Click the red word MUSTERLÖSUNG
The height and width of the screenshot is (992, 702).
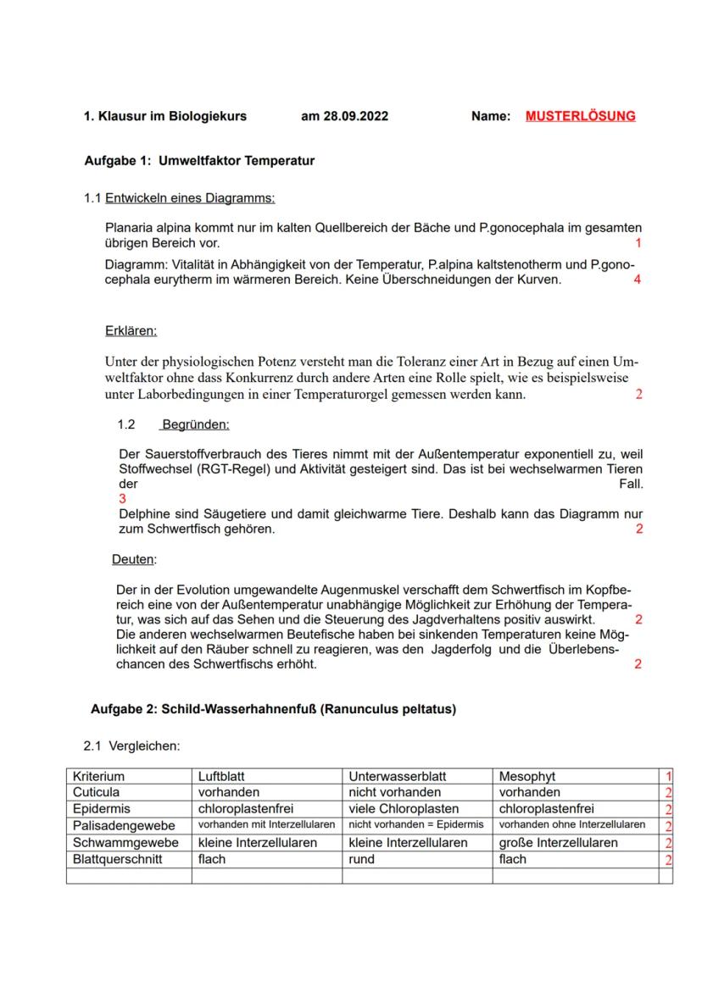tap(580, 116)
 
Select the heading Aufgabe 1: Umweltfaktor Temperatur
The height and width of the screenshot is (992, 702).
tap(199, 160)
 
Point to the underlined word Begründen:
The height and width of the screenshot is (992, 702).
tap(196, 424)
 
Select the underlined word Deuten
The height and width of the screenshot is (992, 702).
tap(134, 559)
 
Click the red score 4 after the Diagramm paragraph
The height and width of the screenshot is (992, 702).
tap(637, 280)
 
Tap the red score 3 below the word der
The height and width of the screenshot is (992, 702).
tap(122, 499)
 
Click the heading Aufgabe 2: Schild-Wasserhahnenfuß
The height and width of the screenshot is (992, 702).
tap(273, 709)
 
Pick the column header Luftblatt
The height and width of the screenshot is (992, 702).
tap(222, 776)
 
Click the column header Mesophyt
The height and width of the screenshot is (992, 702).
tap(527, 776)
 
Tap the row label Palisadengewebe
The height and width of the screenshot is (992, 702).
tap(124, 825)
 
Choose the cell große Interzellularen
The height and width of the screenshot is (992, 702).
tap(558, 842)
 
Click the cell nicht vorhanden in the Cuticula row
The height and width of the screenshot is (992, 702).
tap(394, 792)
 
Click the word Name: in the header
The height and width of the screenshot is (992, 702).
tap(490, 116)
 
